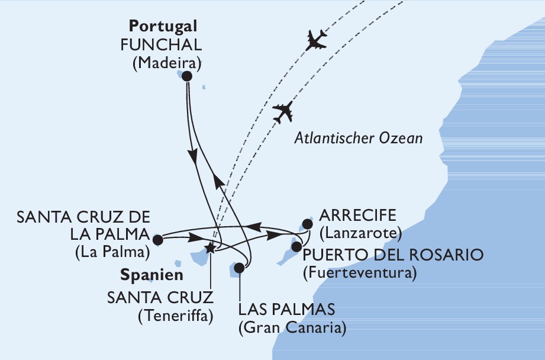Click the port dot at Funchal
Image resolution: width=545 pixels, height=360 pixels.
click(187, 76)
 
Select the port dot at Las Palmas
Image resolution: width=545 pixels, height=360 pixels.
click(239, 268)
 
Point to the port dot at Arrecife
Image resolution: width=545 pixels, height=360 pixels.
click(307, 224)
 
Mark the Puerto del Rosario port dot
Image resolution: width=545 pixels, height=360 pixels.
click(297, 245)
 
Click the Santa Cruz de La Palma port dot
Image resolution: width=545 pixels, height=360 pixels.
click(157, 240)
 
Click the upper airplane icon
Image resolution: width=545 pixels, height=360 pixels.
click(315, 41)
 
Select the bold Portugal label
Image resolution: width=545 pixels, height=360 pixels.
click(163, 27)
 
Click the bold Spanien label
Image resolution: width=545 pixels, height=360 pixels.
click(151, 275)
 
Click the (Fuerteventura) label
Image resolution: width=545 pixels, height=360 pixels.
click(359, 273)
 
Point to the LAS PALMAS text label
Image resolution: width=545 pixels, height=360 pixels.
click(286, 308)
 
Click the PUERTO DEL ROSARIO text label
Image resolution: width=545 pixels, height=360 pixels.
click(393, 255)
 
